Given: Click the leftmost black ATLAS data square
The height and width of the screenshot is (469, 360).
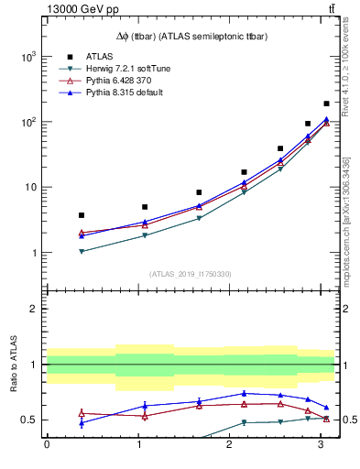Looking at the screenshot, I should coord(82,215).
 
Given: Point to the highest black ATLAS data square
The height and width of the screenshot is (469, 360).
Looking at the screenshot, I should coord(326,104).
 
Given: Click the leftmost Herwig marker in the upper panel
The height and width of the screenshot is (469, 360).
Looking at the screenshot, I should coord(82,251).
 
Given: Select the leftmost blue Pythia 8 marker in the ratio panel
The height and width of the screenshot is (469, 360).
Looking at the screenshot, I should coord(82,423).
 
